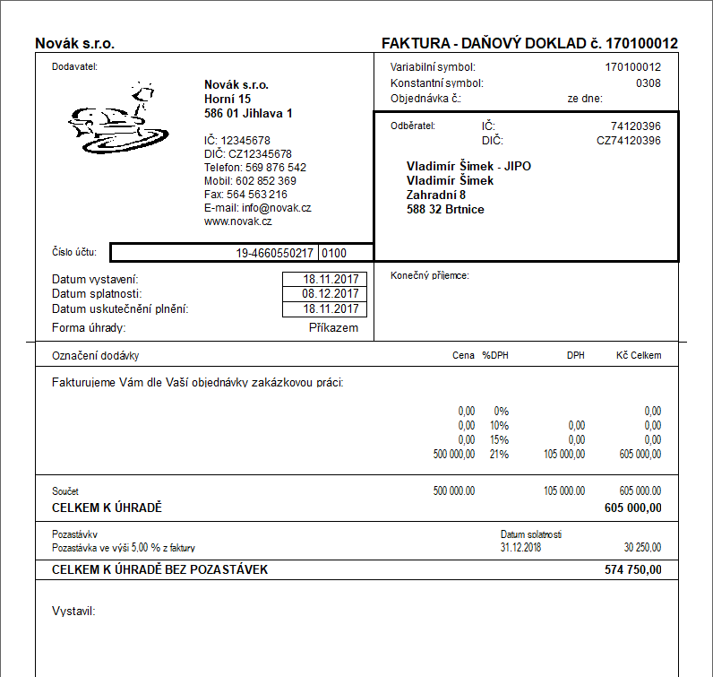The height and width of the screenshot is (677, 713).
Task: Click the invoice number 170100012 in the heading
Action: click(x=642, y=43)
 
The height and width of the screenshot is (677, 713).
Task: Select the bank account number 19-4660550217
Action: click(x=275, y=254)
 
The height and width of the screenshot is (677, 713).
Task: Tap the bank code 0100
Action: click(x=334, y=254)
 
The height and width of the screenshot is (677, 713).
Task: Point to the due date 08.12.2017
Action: click(x=331, y=293)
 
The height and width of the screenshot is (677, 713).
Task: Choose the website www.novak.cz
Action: click(x=237, y=221)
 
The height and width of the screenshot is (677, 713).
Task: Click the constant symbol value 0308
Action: click(x=649, y=83)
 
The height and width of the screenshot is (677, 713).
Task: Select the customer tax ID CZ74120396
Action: click(x=629, y=141)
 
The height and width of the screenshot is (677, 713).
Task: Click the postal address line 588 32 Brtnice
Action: click(x=445, y=210)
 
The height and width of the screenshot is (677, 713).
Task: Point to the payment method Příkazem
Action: click(x=333, y=327)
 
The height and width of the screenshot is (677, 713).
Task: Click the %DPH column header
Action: click(x=494, y=355)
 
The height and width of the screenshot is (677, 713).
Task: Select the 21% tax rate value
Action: click(x=499, y=455)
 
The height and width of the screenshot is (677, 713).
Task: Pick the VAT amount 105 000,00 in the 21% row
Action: click(x=564, y=455)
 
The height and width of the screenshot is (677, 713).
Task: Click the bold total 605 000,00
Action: click(x=633, y=508)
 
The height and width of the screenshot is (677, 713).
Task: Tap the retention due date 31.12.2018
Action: click(x=521, y=547)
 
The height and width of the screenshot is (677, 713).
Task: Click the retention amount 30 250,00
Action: click(x=641, y=547)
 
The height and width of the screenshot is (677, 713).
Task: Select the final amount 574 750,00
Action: click(x=633, y=569)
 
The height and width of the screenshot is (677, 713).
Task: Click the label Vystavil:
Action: click(x=74, y=612)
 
